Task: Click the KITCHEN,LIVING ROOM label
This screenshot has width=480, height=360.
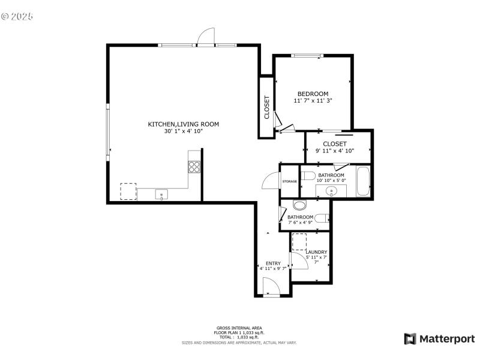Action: pyautogui.click(x=183, y=124)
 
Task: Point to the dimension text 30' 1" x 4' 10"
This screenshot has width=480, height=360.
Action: pyautogui.click(x=183, y=131)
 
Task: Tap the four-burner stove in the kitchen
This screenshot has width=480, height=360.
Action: pyautogui.click(x=194, y=167)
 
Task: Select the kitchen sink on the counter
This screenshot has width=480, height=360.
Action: pyautogui.click(x=161, y=194)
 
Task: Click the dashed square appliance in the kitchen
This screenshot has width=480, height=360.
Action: pyautogui.click(x=128, y=191)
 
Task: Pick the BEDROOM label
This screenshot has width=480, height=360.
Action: pyautogui.click(x=313, y=94)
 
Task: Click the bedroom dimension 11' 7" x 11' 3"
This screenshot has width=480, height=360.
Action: pyautogui.click(x=313, y=101)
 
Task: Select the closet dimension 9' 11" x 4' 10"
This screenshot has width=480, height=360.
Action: pyautogui.click(x=334, y=151)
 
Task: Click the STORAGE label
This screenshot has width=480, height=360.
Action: pyautogui.click(x=290, y=181)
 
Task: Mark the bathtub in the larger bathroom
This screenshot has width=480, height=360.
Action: pyautogui.click(x=363, y=182)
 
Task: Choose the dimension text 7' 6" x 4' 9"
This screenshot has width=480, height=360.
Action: pyautogui.click(x=300, y=223)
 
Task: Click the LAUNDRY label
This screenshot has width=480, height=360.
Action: pyautogui.click(x=316, y=252)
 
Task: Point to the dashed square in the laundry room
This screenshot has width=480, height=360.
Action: pyautogui.click(x=299, y=242)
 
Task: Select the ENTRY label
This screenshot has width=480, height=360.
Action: pyautogui.click(x=273, y=263)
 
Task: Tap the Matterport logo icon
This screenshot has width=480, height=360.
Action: pyautogui.click(x=410, y=339)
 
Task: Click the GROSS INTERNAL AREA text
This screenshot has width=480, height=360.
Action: pyautogui.click(x=239, y=328)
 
